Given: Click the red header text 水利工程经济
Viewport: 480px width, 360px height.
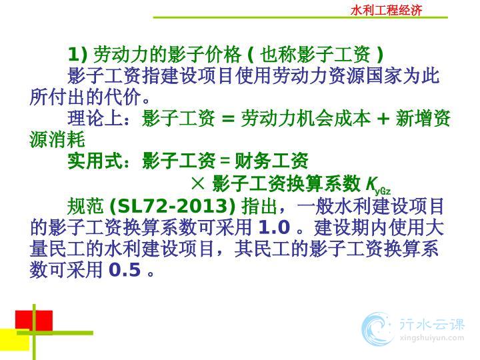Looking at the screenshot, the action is point(386,11).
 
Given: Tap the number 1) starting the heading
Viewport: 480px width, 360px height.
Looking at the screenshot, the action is point(77,55).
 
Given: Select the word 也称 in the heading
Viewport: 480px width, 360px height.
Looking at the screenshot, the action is point(278,55).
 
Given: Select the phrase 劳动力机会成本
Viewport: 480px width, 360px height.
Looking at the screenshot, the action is point(305,118).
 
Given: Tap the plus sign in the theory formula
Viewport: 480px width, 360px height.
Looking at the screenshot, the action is point(383,119).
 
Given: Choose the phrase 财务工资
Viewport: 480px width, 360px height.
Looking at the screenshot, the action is point(271,161).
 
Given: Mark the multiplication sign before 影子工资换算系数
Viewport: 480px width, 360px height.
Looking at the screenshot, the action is point(198,183).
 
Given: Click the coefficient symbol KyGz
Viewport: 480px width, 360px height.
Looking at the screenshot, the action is point(378,185).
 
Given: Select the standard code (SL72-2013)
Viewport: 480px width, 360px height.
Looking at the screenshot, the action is point(173,206).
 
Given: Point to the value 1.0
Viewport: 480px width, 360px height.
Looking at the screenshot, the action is point(274,227).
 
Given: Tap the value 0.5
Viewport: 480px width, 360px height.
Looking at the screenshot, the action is point(125,270).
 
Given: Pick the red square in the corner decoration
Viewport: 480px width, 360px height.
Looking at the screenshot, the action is point(34,321).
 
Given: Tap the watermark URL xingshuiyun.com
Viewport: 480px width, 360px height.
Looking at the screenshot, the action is point(432,338).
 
